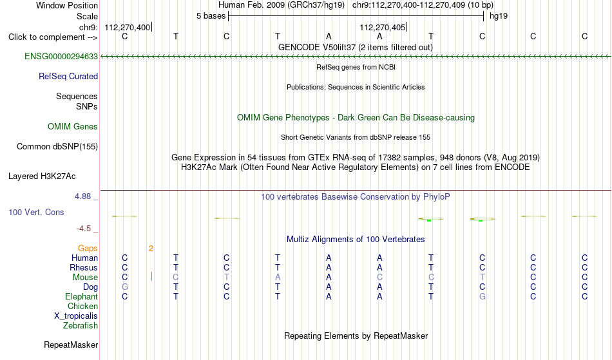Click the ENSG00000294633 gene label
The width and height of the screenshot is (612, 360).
61,57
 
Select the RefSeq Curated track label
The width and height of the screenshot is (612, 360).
68,77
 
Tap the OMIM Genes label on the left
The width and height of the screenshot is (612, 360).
73,127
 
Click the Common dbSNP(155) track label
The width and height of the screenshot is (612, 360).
57,147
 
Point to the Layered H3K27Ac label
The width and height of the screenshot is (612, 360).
42,176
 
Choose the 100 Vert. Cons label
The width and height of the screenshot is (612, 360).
36,212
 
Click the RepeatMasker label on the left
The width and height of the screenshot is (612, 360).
71,345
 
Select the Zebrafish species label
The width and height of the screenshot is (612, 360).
81,325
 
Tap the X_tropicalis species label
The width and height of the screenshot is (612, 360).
76,316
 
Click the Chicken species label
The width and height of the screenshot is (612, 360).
82,306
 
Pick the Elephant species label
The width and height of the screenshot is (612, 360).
82,297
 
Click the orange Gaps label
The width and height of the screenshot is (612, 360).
88,249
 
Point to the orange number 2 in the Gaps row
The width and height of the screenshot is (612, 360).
151,249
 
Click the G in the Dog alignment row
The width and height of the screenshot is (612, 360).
125,287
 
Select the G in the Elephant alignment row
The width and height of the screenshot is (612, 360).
483,297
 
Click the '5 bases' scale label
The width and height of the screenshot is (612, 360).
211,16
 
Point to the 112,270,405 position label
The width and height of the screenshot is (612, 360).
383,27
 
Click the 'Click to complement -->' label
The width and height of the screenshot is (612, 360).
53,37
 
